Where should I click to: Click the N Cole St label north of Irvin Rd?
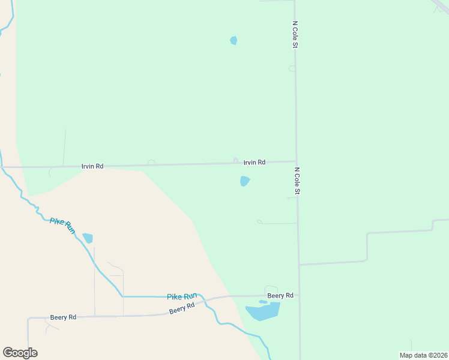[295, 35]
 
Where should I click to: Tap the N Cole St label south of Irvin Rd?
[297, 181]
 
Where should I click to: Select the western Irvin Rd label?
[92, 166]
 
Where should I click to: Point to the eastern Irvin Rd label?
[255, 162]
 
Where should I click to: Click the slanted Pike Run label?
[62, 226]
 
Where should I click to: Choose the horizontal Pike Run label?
[182, 296]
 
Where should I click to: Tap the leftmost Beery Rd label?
[63, 317]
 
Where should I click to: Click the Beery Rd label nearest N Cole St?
[280, 295]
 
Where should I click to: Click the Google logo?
[20, 353]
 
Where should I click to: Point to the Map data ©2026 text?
[423, 355]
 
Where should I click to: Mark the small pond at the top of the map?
[234, 41]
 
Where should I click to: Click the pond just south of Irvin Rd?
[244, 181]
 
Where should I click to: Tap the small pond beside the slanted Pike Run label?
[88, 238]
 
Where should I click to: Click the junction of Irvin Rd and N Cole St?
[296, 161]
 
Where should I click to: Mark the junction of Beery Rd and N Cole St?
[298, 295]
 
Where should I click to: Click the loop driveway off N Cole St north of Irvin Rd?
[292, 69]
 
